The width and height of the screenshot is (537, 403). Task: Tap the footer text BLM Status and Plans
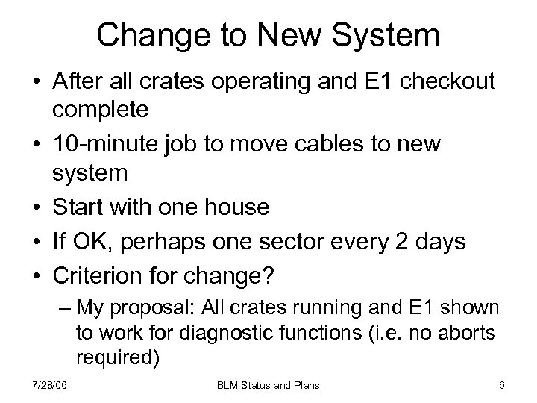[268, 384]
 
